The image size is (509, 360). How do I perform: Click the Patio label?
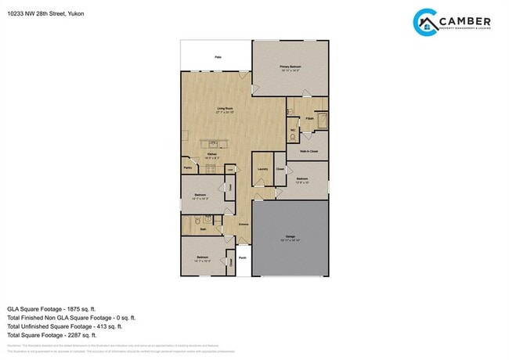point(217,57)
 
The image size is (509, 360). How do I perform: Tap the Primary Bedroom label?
point(291,67)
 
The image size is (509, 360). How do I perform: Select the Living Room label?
point(226,109)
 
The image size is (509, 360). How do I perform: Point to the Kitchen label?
point(211,155)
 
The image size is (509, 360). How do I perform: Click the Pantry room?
point(188,167)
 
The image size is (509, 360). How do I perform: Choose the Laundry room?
point(262,168)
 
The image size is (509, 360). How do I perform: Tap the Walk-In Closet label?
point(308,150)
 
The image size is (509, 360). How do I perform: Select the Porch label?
point(243,257)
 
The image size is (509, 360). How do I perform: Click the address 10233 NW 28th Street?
point(36,13)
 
